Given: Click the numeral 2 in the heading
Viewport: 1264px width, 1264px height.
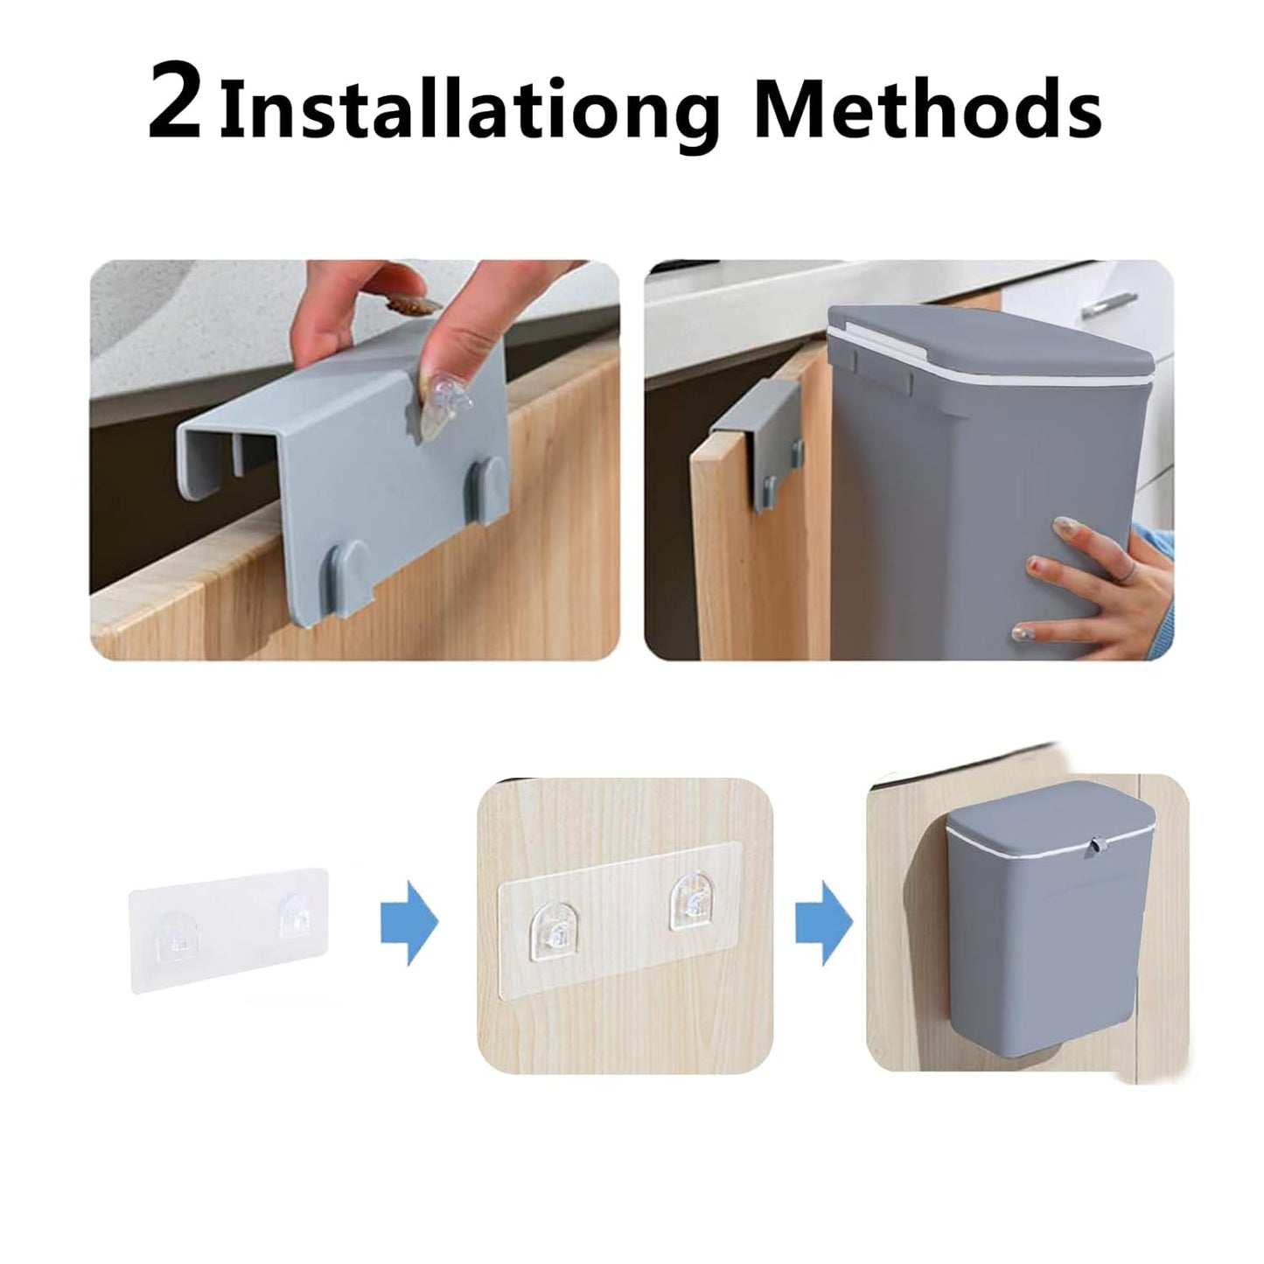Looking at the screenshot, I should (176, 104).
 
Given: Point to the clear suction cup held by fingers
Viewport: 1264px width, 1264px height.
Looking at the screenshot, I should (446, 411).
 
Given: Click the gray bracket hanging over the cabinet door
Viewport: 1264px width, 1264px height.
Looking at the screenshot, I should (757, 437).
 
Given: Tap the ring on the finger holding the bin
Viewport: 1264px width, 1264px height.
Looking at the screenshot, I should (1129, 571).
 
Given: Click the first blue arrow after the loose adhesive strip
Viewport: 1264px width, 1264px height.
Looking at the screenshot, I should (409, 922).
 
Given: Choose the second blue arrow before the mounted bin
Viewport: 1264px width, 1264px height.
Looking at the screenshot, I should (822, 922).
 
